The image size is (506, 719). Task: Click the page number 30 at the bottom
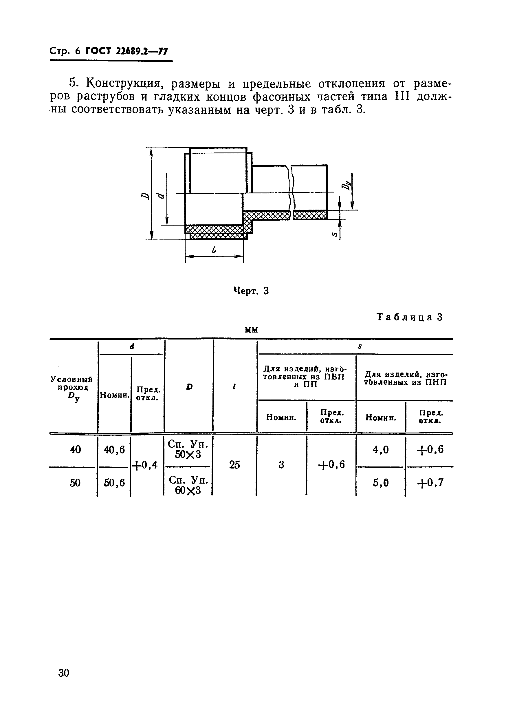tap(64, 673)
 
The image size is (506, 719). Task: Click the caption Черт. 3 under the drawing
tap(251, 291)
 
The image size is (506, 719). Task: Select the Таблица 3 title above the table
tap(410, 317)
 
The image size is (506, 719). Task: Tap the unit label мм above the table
tap(252, 330)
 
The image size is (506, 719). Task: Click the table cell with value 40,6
tap(114, 450)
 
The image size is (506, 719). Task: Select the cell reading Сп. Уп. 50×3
tap(188, 449)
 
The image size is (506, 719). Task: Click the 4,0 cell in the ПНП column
tap(381, 450)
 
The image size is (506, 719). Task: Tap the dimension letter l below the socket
tap(214, 250)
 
